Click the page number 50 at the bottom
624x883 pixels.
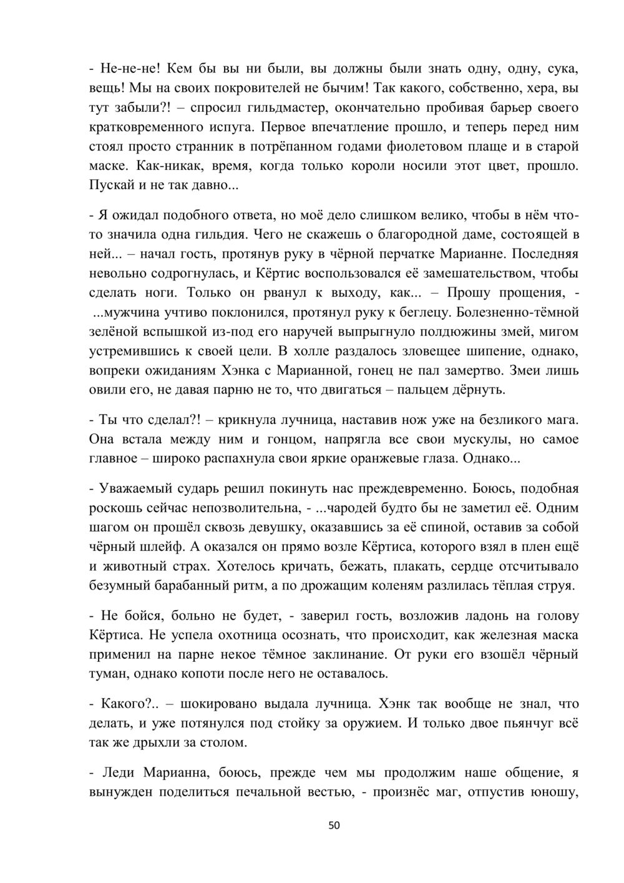pos(334,826)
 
